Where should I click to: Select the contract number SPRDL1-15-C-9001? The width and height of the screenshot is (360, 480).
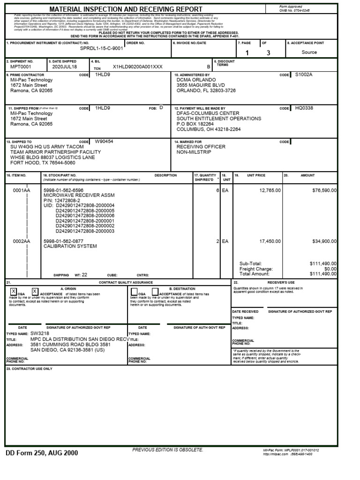pos(102,48)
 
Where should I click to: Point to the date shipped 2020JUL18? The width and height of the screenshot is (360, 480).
pos(64,67)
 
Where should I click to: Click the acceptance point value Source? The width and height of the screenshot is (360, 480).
pos(309,52)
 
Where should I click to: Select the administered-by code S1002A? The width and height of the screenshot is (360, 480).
pos(304,75)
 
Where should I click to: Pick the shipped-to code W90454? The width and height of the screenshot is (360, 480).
pos(104,141)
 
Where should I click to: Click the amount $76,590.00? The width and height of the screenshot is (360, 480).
pos(322,190)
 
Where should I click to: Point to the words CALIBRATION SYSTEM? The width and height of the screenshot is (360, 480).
pos(70,246)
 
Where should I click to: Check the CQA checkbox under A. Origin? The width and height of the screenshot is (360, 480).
pos(13,291)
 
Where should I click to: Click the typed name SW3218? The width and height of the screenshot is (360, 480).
pos(40,333)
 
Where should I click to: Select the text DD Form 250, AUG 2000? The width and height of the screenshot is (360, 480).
pos(42,453)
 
